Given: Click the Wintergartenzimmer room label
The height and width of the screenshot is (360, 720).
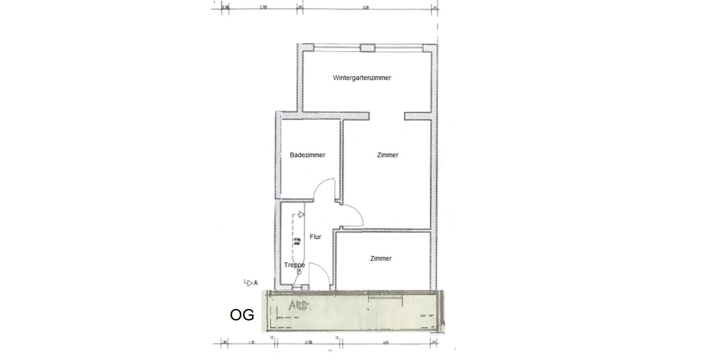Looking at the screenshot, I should point(362,78).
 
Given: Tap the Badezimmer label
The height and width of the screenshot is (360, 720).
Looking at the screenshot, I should point(307,155).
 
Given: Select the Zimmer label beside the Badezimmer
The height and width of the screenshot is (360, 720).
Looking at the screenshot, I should point(388,155).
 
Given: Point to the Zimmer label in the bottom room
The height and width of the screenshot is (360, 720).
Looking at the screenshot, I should point(381,259).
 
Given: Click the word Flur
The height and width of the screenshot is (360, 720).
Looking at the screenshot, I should point(316,237).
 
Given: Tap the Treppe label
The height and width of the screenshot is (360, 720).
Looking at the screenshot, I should point(294,265).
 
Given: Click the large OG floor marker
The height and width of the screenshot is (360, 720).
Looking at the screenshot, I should point(242,315).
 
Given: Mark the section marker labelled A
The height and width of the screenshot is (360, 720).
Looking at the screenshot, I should point(251,282).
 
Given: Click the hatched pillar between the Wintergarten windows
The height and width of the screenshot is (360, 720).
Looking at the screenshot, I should point(367,48).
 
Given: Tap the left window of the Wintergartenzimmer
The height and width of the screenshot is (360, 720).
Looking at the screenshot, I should point(332,47).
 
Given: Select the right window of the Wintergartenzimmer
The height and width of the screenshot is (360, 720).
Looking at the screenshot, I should point(399,47).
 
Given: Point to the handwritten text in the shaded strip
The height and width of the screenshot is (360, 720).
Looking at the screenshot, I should point(298,306).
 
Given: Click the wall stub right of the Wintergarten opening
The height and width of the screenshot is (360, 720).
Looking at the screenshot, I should point(418,115).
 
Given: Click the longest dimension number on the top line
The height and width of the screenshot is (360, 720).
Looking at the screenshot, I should point(365,7).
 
